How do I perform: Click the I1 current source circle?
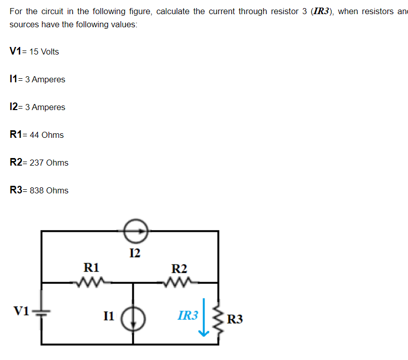[134, 319]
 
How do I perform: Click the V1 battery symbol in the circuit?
[42, 312]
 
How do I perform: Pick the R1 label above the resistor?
[91, 267]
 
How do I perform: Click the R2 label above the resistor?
[179, 268]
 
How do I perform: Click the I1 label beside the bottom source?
[110, 317]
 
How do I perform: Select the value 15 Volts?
[44, 52]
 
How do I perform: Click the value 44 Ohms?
[47, 135]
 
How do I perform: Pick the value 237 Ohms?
[49, 163]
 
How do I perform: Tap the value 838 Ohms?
[49, 191]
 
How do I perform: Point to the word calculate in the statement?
[173, 12]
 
